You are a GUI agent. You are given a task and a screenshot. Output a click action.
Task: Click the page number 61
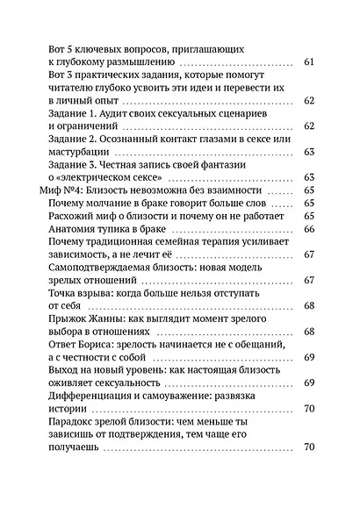coord(307,62)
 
